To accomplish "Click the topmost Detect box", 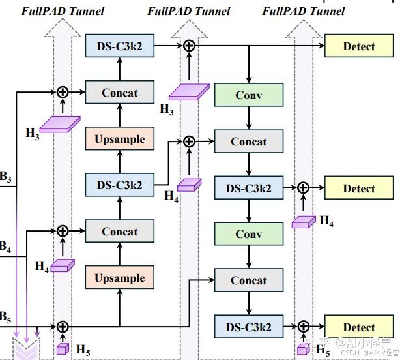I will click(359, 46).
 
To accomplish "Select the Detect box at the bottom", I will click(359, 327).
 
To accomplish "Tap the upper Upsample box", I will click(120, 140).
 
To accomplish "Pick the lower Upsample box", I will click(120, 278).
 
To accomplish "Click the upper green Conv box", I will click(249, 95).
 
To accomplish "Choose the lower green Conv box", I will click(249, 233).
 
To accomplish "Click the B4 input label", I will click(5, 247).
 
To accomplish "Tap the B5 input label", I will click(5, 318).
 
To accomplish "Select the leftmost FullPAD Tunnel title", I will click(63, 10).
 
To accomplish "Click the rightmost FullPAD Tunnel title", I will click(304, 10).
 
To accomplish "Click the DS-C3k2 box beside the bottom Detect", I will click(249, 327).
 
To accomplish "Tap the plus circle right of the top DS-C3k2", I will click(189, 45).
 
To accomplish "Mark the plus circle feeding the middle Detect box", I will click(303, 188).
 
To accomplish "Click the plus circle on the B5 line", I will click(63, 327).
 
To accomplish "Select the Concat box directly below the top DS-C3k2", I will click(120, 93).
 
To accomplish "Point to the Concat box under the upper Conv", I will click(249, 142).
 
